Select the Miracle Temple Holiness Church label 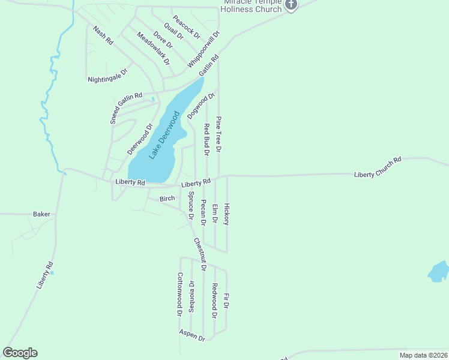point(251,7)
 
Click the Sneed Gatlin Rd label point(126,108)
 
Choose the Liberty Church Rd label point(378,167)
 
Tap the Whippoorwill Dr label point(204,49)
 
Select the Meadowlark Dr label point(154,49)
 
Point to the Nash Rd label point(103,35)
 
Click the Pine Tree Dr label point(219,134)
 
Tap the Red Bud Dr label point(206,139)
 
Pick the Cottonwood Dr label point(179,294)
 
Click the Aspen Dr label point(192,335)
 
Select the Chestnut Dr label point(200,254)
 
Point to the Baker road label point(41,214)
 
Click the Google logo point(20,353)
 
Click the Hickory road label point(226,214)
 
